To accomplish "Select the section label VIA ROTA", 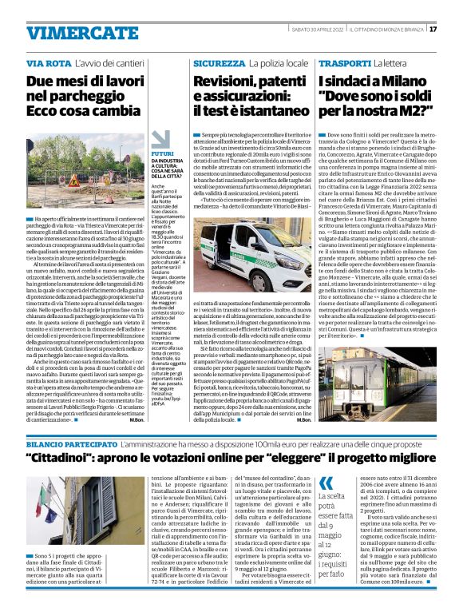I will point(48,63).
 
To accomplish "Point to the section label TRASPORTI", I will point(345,63).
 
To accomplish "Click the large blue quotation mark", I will point(325,483).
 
